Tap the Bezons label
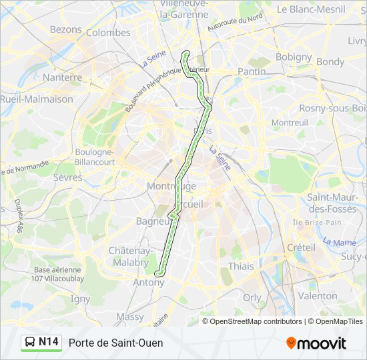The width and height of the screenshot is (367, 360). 65,30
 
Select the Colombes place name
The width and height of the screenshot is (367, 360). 108,33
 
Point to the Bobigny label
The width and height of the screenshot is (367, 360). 294,57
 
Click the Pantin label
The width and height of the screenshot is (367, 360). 251,71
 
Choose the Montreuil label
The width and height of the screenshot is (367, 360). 290,123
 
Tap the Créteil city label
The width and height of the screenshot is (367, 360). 300,247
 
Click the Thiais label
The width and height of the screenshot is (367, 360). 241,266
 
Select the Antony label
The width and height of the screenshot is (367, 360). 149,283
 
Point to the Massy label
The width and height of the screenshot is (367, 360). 129,317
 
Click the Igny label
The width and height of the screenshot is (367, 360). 80,299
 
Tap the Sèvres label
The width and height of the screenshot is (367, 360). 67,178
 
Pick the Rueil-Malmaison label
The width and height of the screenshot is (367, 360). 37,99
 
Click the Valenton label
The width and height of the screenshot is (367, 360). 318,295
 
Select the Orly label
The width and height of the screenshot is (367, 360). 252,298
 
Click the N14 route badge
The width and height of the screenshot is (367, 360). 49,342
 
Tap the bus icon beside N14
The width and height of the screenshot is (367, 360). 30,343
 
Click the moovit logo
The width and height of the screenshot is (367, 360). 316,343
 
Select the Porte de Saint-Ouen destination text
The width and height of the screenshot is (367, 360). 115,343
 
